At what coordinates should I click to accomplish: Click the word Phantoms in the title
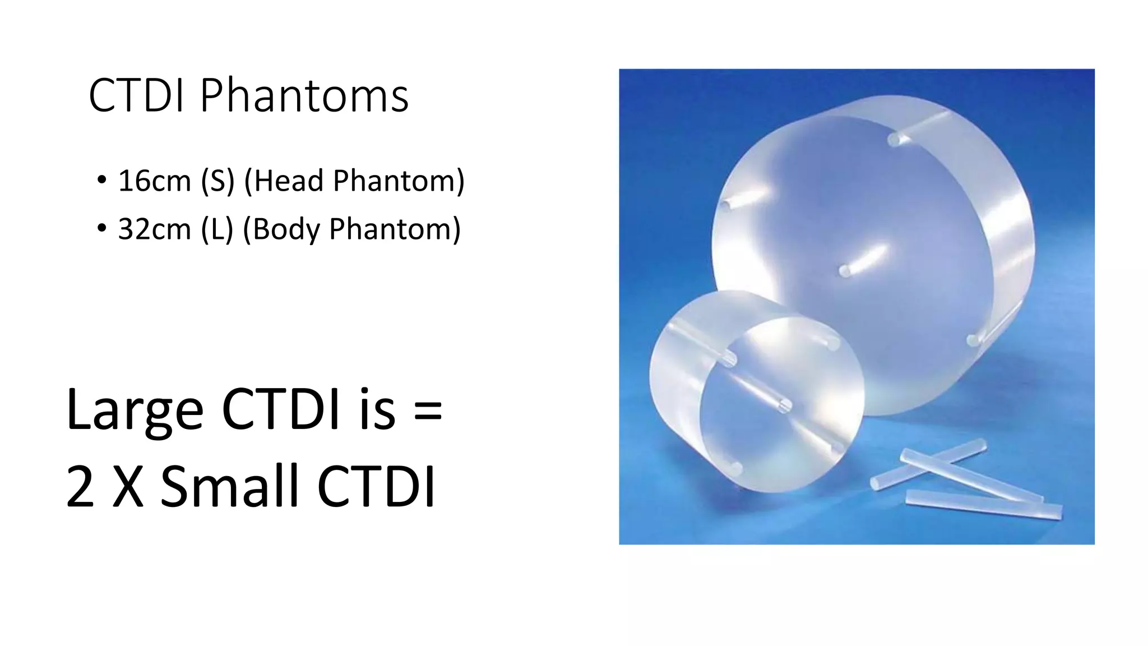click(304, 96)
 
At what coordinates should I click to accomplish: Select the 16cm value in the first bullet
click(154, 181)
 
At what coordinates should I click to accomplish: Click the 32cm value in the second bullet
click(154, 229)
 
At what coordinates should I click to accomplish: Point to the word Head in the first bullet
click(288, 181)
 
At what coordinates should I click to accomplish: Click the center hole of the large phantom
click(845, 272)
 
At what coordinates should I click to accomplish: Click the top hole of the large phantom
click(894, 140)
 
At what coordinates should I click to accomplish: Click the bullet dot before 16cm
click(101, 181)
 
